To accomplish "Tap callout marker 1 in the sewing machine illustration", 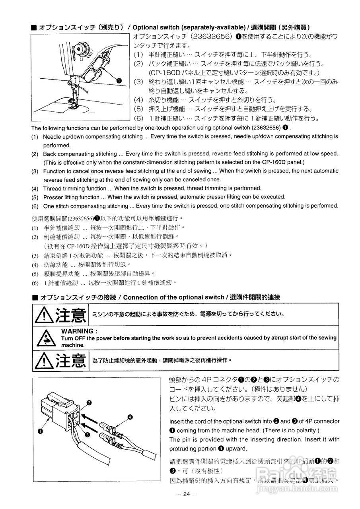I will pyautogui.click(x=119, y=81).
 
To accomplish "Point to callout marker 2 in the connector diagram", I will pyautogui.click(x=89, y=403).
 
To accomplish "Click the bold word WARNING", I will pyautogui.click(x=79, y=331).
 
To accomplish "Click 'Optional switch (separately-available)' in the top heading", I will pyautogui.click(x=189, y=27).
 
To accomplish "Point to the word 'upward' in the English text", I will pyautogui.click(x=235, y=449).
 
